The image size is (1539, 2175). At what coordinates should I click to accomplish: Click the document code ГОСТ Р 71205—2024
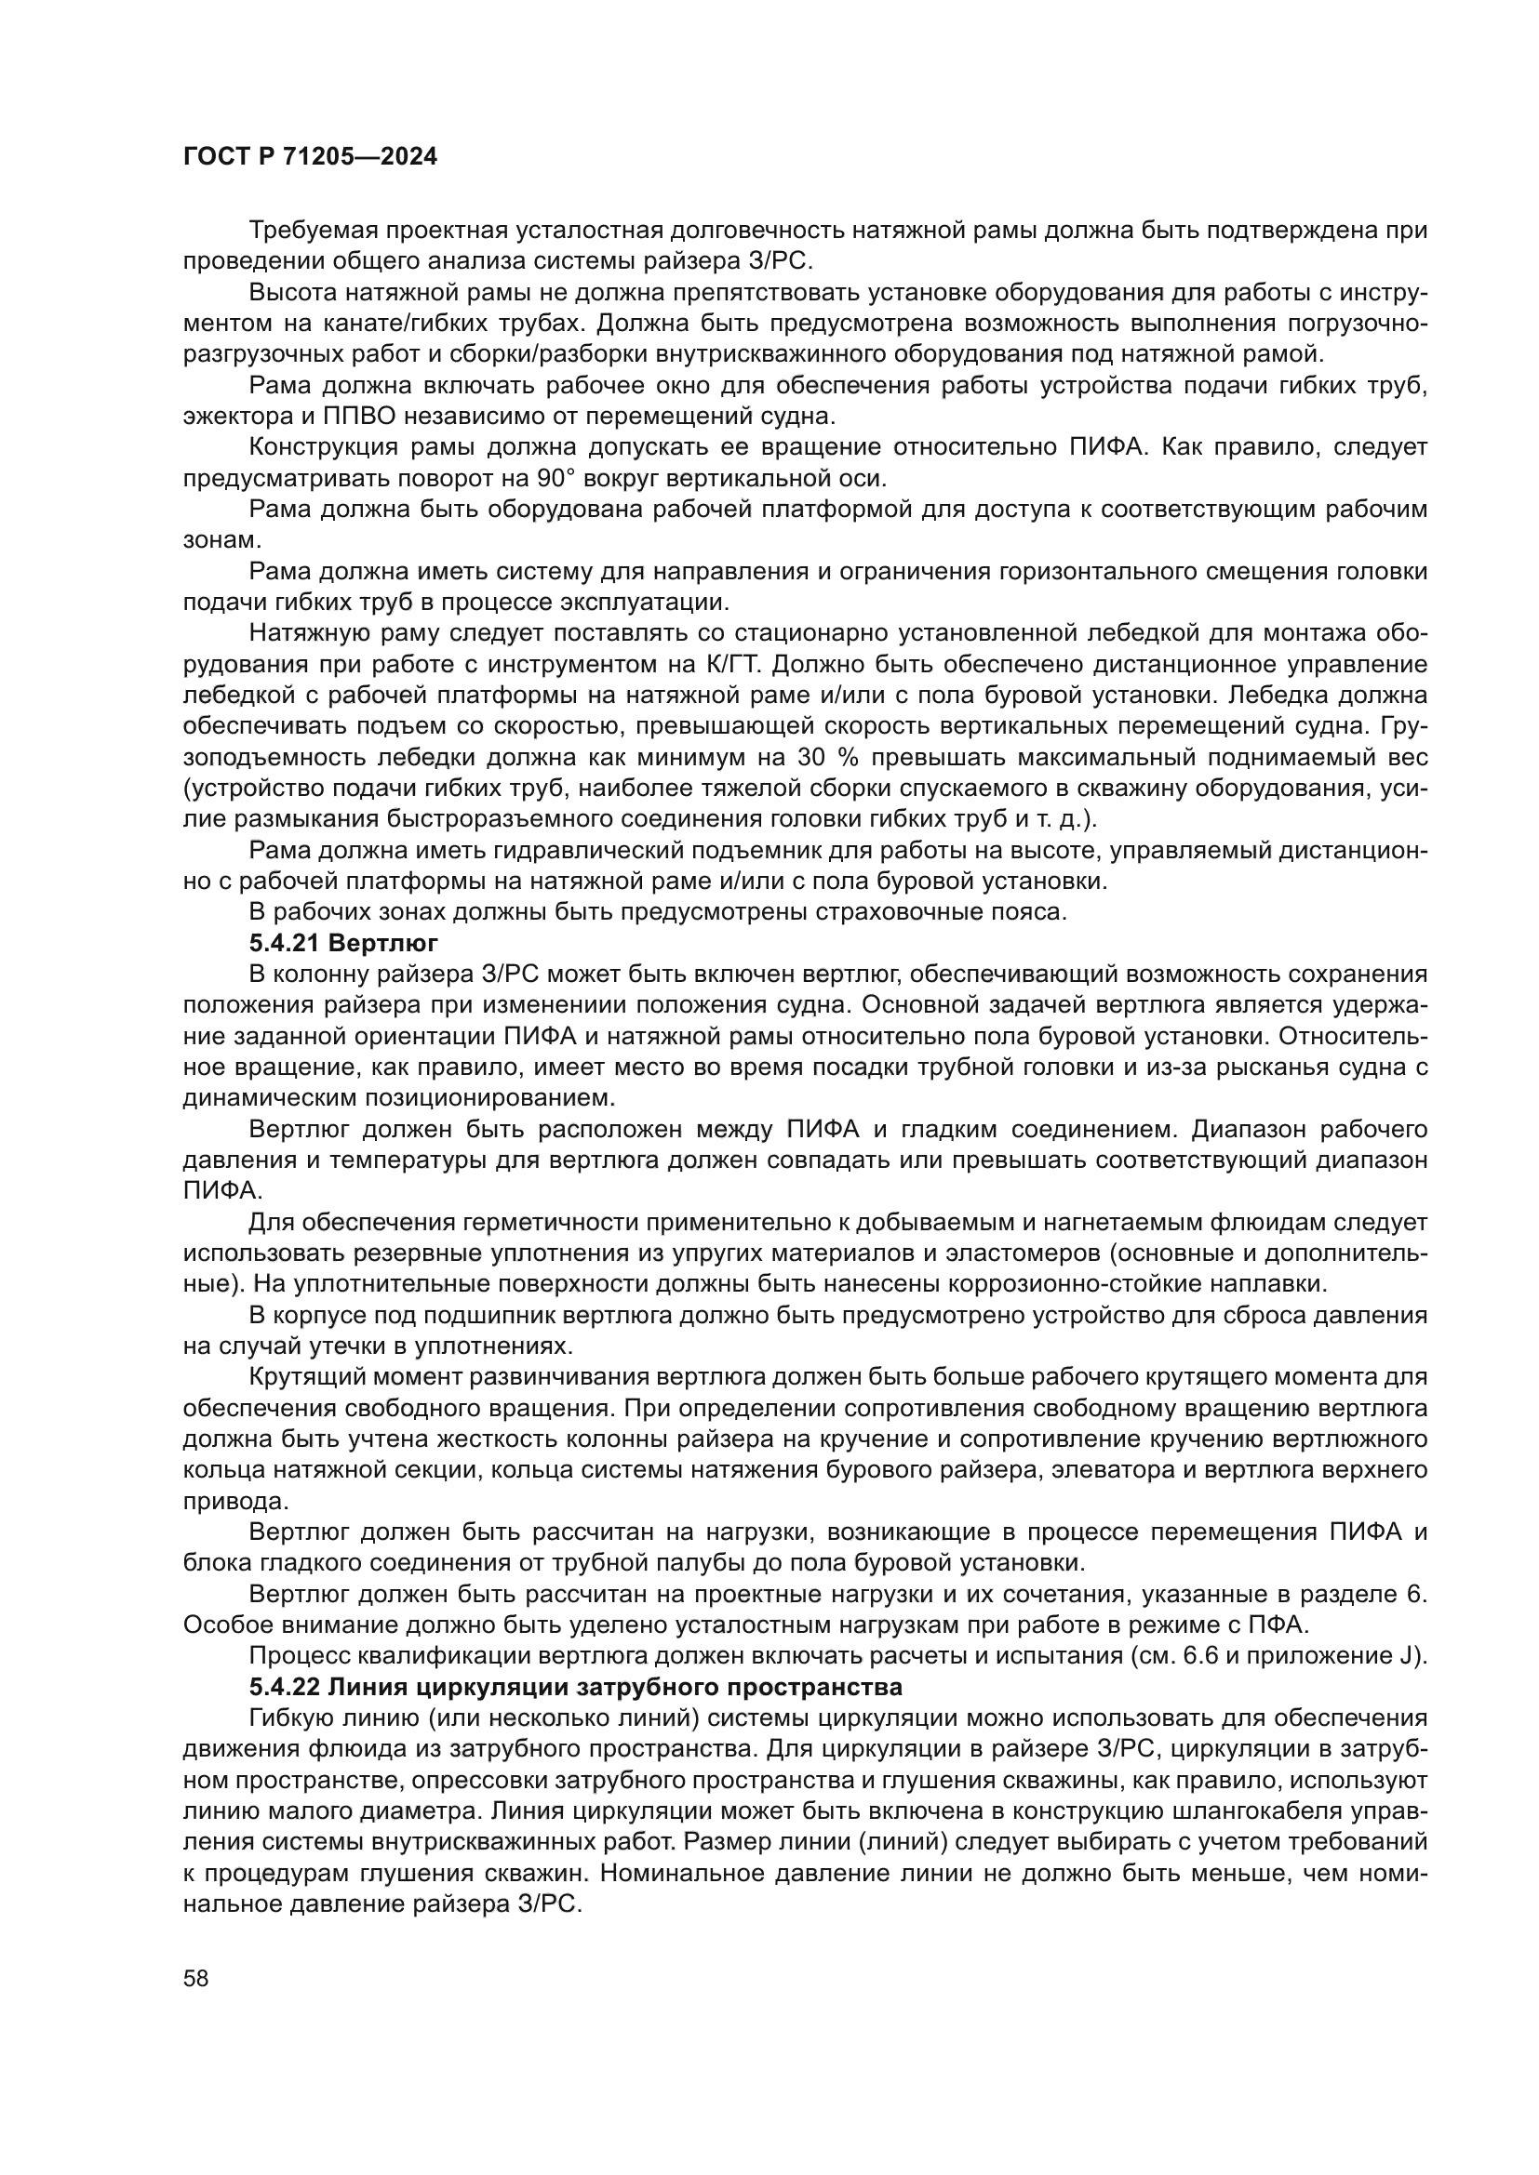point(310,157)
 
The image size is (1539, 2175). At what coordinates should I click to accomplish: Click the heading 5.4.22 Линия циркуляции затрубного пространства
point(575,1687)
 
